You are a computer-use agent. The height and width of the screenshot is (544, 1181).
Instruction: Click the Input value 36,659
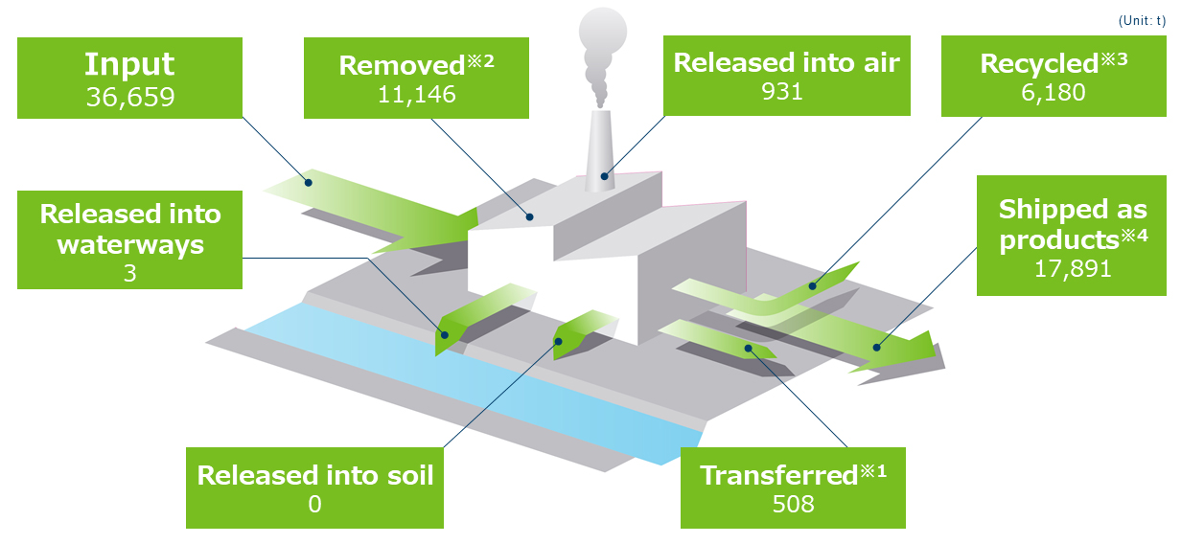click(129, 97)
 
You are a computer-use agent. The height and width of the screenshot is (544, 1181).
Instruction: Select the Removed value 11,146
click(416, 94)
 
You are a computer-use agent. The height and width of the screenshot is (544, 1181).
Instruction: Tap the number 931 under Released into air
click(786, 91)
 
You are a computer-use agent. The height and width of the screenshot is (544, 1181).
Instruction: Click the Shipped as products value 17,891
click(1072, 268)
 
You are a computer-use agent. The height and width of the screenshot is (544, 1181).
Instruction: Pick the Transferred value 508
click(793, 503)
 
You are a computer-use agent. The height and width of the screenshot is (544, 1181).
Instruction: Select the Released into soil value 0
click(314, 504)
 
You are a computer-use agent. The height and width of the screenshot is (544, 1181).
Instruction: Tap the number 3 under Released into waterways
click(129, 273)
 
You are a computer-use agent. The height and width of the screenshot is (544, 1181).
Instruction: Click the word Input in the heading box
click(129, 64)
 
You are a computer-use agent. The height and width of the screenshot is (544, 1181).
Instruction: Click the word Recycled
click(1038, 64)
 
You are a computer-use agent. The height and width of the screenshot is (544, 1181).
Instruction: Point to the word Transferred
click(776, 475)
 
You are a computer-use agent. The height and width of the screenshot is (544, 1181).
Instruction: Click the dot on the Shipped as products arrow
click(874, 347)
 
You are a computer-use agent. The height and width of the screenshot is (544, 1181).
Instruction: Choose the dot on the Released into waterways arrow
click(445, 334)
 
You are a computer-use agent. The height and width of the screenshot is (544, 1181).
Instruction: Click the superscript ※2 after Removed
click(482, 61)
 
